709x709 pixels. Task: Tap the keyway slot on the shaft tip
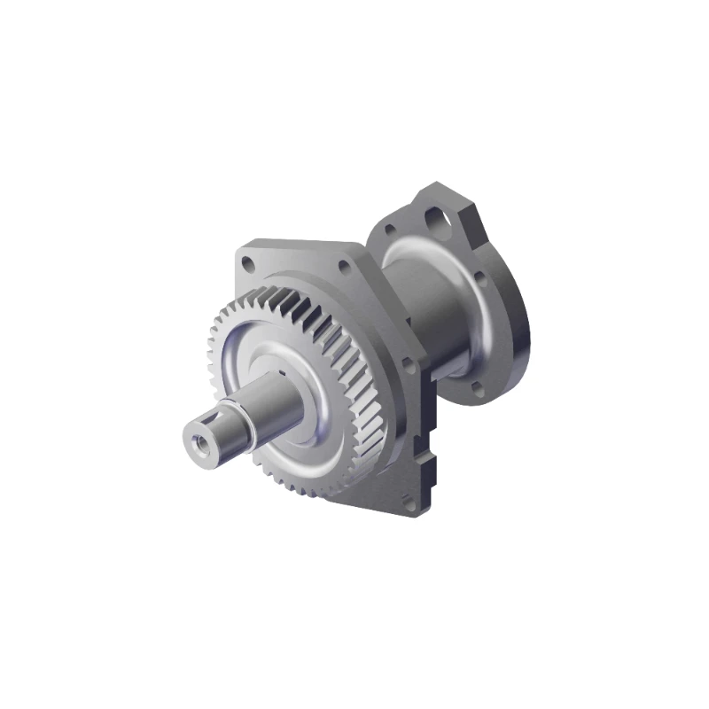click(219, 416)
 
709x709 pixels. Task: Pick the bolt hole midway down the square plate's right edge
click(406, 362)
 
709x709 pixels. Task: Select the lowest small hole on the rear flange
click(476, 387)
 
